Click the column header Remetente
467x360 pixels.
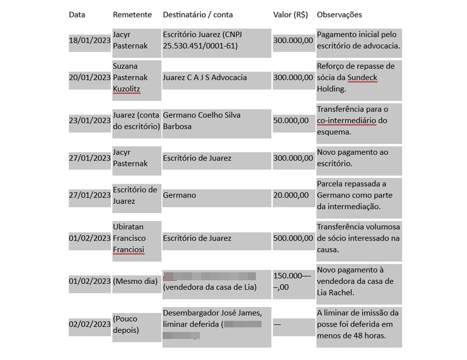click(132, 15)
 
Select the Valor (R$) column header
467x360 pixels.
click(290, 15)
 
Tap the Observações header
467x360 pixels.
click(339, 15)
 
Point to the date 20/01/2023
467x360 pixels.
click(90, 78)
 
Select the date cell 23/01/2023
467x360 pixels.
click(90, 121)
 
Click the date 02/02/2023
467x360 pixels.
click(90, 324)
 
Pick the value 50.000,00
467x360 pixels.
click(291, 121)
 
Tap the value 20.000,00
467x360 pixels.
click(291, 195)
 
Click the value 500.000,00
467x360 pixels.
click(293, 238)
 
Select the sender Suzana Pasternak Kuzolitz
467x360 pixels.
click(131, 78)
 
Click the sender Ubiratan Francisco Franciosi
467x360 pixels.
click(130, 238)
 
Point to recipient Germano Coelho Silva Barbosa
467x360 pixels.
click(202, 121)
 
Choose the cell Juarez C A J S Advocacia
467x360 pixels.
click(205, 78)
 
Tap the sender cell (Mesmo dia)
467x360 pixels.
click(135, 281)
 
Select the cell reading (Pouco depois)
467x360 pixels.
click(126, 324)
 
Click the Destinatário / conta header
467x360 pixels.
click(198, 15)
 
